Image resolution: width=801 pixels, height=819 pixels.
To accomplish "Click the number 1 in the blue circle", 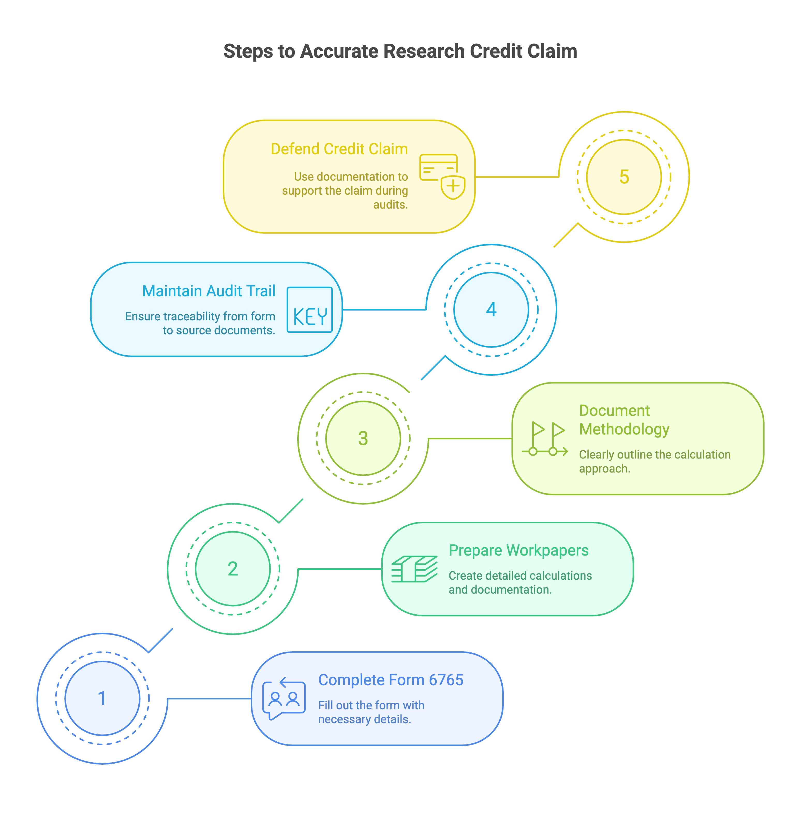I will (102, 699).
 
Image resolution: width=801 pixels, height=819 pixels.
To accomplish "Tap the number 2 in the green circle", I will (233, 569).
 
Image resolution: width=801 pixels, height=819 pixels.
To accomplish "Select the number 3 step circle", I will (363, 438).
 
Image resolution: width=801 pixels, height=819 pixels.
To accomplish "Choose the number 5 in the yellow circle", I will (624, 177).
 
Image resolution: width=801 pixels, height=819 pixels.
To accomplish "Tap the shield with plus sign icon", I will (453, 187).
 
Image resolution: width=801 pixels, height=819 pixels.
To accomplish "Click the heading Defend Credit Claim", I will (339, 149).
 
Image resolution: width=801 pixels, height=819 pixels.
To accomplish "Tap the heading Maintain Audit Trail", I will (209, 291).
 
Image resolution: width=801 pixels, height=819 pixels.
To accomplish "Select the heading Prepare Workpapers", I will (518, 550).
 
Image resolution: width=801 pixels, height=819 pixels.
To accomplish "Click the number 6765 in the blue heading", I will (446, 680).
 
